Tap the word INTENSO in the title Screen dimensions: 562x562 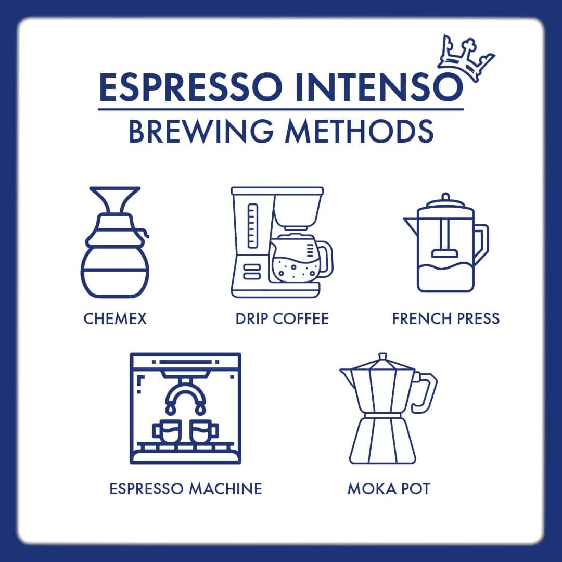[x=379, y=87]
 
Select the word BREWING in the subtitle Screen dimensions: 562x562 [x=201, y=131]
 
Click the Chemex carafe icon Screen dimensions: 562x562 [x=114, y=242]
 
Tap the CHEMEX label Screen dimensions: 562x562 [x=115, y=318]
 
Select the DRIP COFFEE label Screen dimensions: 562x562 [x=282, y=318]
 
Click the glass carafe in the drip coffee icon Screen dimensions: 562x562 [x=300, y=258]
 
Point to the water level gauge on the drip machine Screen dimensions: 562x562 [x=253, y=226]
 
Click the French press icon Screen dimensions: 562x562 [x=446, y=243]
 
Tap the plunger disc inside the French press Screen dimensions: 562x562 [x=445, y=253]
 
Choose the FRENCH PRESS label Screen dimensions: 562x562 [x=446, y=318]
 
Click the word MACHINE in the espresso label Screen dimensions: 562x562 [x=225, y=489]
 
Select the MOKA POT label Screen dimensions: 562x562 [x=389, y=489]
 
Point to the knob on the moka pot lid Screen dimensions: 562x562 [x=382, y=356]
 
